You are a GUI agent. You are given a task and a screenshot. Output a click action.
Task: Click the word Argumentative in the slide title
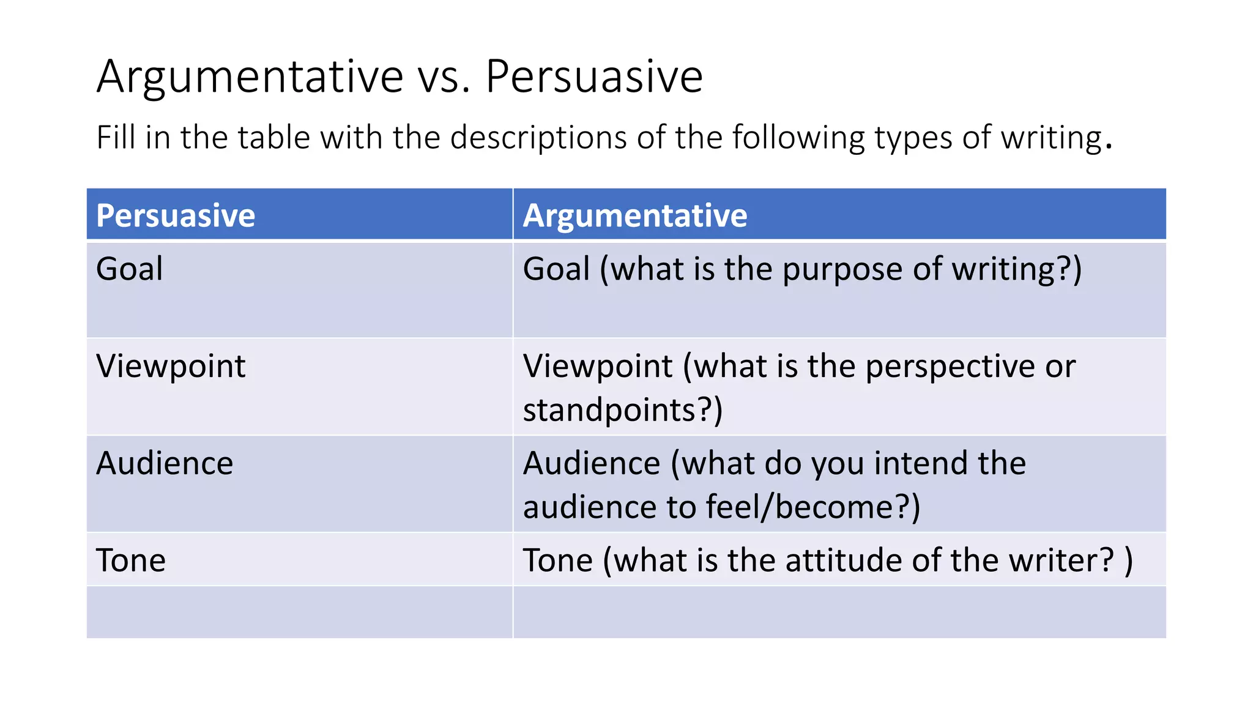[x=250, y=77]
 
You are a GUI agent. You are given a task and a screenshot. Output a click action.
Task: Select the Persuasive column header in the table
[x=176, y=215]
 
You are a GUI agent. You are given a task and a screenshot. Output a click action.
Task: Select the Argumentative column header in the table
[x=634, y=215]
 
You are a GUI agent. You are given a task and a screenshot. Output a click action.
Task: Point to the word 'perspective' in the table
[x=950, y=367]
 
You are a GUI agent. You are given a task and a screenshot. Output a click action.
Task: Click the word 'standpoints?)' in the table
[x=622, y=410]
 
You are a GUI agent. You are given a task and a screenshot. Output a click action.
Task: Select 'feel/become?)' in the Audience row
[x=812, y=507]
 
